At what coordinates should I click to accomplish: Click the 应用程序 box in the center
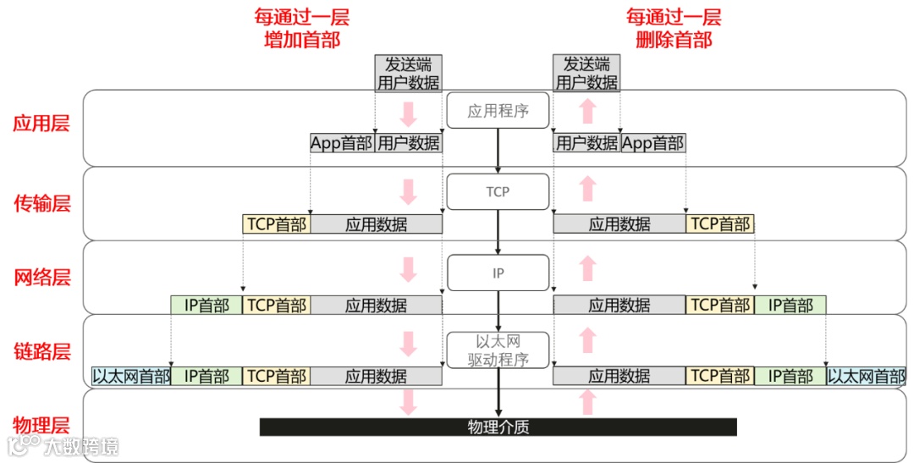pos(498,111)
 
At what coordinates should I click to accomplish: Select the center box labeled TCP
pos(498,191)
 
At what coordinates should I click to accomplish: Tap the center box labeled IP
pos(498,273)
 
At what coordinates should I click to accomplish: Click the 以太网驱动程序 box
pos(498,350)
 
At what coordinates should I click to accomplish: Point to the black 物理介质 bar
pos(498,427)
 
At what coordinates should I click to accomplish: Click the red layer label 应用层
pos(41,124)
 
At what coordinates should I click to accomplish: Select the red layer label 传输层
pos(41,203)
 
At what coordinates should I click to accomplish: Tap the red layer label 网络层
pos(41,278)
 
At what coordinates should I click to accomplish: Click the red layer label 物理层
pos(41,425)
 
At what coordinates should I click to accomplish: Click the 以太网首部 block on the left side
pos(131,377)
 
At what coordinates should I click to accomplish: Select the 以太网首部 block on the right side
pos(866,377)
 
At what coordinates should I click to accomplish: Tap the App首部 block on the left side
pos(342,143)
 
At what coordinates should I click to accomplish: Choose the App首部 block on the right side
pos(652,143)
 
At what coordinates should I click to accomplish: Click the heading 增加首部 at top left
pos(302,40)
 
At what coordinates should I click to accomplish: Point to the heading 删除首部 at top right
pos(674,40)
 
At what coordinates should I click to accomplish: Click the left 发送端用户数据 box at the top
pos(408,74)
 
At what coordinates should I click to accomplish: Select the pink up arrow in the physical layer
pos(588,402)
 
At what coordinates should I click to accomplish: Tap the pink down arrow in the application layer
pos(409,113)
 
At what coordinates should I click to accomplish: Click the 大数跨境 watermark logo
pos(63,446)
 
